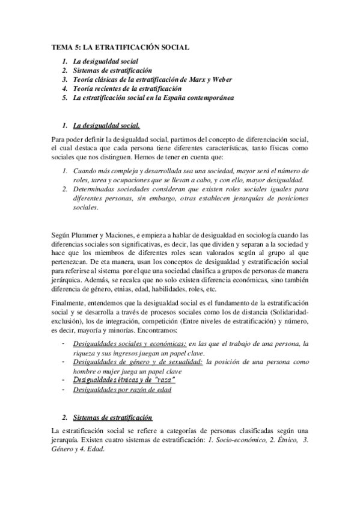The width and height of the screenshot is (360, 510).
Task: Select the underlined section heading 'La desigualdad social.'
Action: tap(106, 126)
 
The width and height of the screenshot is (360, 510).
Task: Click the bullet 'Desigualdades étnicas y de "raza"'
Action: tap(123, 379)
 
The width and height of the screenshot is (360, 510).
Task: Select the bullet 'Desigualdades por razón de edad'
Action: tap(122, 389)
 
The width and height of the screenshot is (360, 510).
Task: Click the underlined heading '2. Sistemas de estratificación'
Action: tap(112, 417)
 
